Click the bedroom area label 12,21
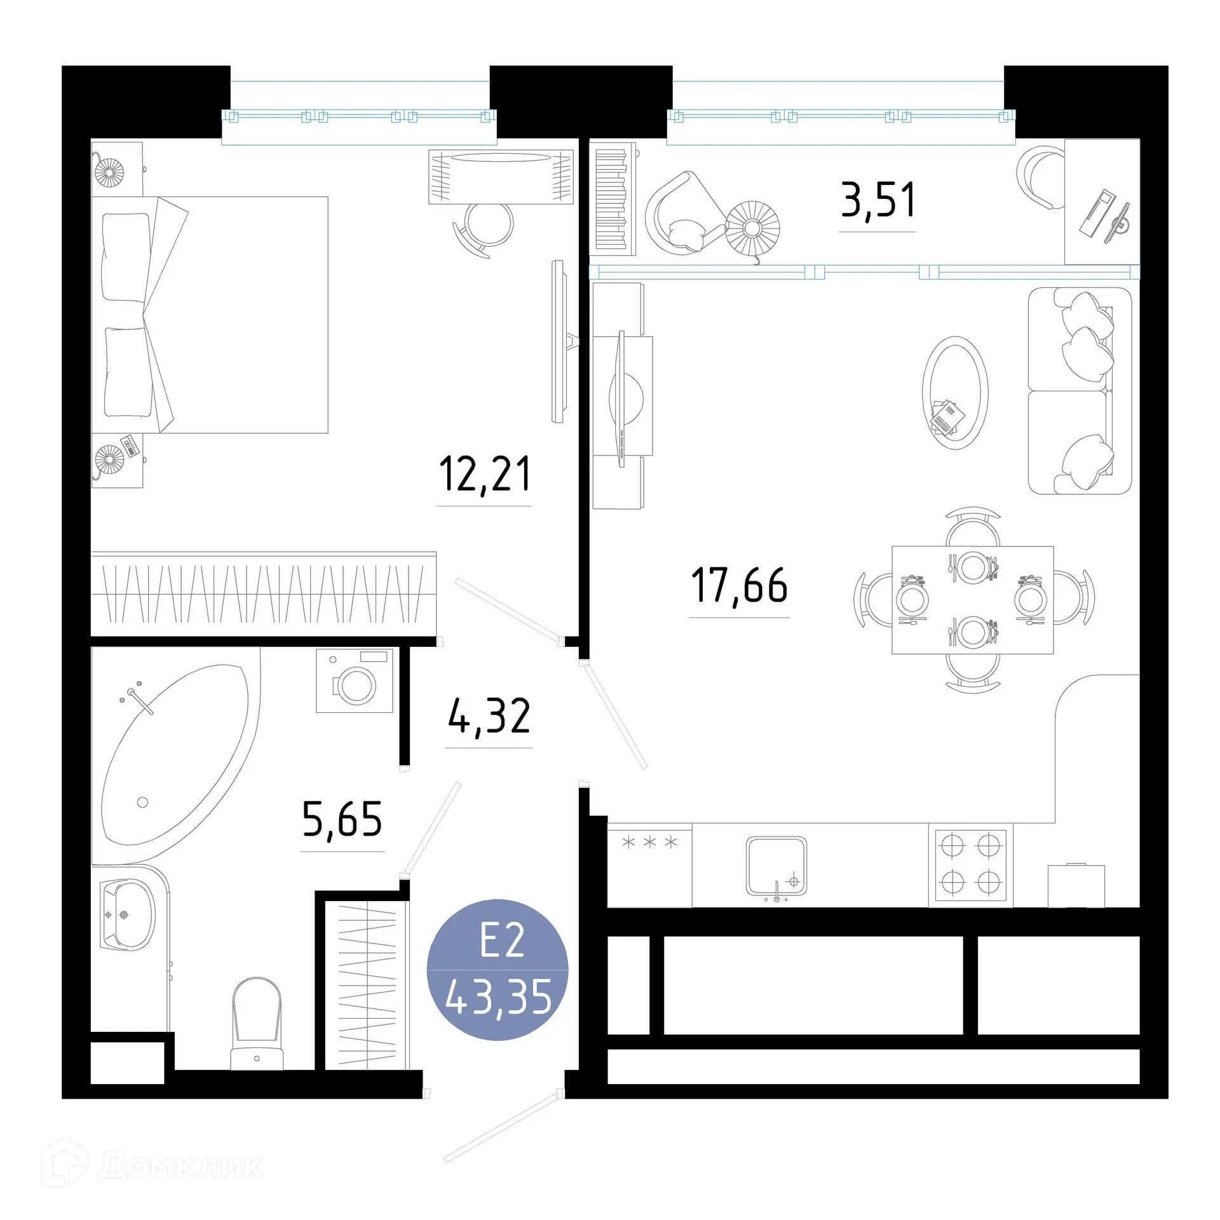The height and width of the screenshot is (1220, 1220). (484, 475)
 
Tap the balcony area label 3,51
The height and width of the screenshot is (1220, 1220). (878, 200)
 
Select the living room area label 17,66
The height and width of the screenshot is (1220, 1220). (739, 585)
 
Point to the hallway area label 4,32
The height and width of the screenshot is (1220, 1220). (489, 717)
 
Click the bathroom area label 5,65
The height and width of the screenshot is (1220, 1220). (342, 820)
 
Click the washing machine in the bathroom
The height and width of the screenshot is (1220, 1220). (355, 680)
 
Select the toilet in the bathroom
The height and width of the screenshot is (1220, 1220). (257, 1023)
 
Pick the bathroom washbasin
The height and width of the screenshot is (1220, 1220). (129, 915)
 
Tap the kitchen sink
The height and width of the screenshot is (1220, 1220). (776, 865)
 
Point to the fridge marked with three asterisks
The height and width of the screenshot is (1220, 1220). (649, 864)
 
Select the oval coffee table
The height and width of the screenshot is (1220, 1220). (954, 393)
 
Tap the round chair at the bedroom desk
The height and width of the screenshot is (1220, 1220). (487, 226)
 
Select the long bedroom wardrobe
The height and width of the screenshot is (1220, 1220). (263, 593)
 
